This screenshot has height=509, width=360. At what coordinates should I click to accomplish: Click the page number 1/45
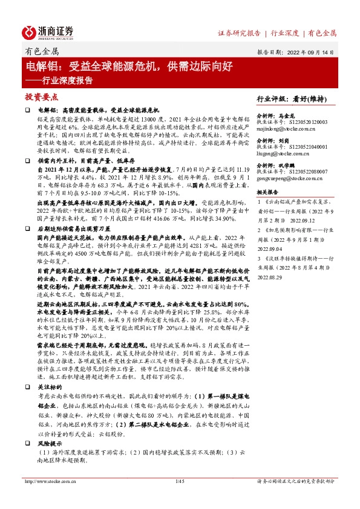coord(178,498)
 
